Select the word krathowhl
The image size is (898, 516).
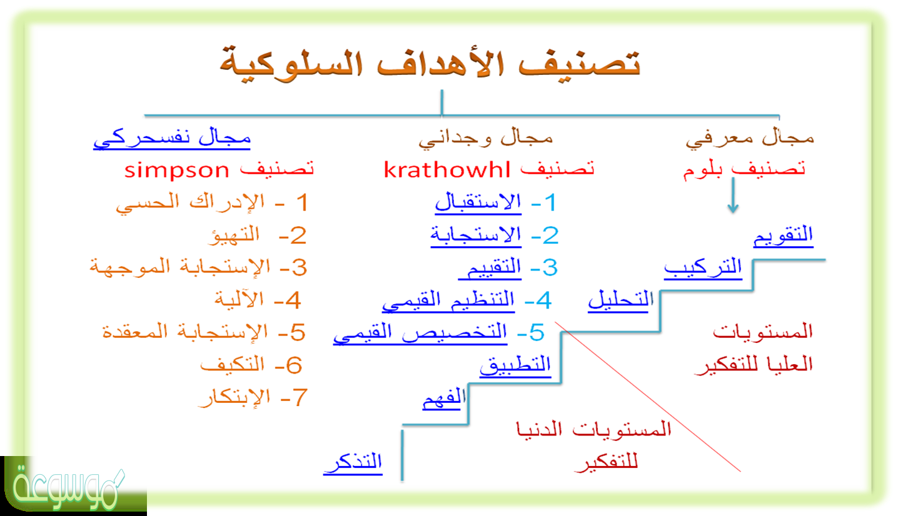tap(447, 169)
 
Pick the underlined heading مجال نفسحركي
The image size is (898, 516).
tap(172, 139)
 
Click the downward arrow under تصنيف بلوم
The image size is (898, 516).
tap(733, 195)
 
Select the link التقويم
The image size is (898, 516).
tap(783, 236)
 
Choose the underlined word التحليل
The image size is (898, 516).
tap(620, 300)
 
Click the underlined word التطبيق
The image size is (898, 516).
tap(515, 365)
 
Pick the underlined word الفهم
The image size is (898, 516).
tap(444, 398)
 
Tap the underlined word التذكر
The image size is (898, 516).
tap(353, 463)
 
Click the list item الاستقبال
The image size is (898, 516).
tap(478, 202)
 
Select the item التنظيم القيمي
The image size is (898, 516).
tap(448, 300)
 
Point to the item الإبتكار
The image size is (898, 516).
tap(234, 398)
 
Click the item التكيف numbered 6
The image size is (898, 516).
tap(232, 365)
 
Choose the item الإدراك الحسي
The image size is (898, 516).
tap(190, 202)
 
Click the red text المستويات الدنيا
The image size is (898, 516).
tap(593, 430)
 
